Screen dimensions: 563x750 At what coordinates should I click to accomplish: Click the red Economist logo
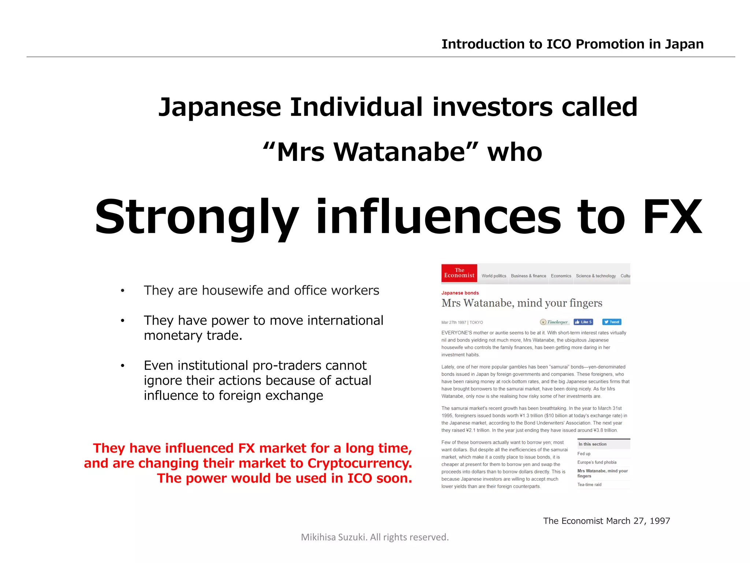point(459,273)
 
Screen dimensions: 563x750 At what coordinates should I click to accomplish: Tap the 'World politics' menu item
point(494,276)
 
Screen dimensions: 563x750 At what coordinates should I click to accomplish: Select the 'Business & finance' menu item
point(528,276)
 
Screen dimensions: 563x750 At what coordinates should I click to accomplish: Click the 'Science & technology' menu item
point(595,276)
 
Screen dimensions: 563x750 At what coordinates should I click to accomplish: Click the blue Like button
point(583,322)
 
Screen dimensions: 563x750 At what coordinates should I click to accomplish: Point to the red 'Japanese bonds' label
point(460,293)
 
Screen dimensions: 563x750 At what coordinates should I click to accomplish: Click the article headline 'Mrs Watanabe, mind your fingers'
point(521,303)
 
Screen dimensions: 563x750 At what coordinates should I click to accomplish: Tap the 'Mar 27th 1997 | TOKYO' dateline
point(462,323)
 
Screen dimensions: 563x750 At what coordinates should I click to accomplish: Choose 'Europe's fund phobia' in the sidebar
point(597,463)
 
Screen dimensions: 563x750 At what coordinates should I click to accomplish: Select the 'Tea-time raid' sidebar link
point(589,485)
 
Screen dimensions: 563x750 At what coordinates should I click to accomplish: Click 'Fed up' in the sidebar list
point(584,454)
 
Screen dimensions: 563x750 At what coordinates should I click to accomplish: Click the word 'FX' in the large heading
point(672,217)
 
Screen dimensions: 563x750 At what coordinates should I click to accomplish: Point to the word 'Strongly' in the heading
point(197,217)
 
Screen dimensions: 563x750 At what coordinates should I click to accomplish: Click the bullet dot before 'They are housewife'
point(123,291)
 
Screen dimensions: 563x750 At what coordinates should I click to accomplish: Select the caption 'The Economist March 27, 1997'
point(606,521)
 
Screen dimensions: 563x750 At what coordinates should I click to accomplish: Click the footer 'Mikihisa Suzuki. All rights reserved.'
point(375,537)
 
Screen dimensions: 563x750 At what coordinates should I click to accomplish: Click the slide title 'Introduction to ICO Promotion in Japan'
point(572,44)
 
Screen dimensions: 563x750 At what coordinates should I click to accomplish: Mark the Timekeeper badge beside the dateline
point(554,322)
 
